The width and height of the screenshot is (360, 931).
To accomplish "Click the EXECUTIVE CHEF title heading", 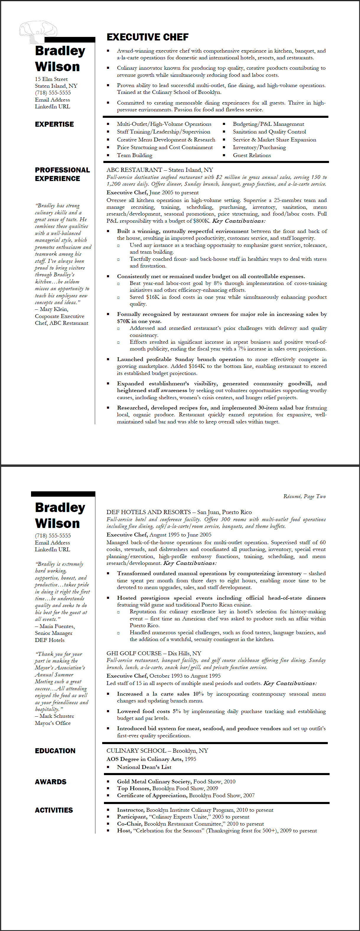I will point(147,37).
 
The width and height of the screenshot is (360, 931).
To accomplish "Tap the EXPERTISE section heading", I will point(54,124).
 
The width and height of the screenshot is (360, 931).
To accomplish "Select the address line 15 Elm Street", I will point(51,79).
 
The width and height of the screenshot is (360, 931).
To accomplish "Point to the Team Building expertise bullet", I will point(134,155).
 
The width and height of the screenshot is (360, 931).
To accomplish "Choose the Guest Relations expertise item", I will point(252,155).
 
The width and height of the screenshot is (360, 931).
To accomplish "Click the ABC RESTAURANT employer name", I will point(134,170).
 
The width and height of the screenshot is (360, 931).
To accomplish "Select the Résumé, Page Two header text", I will point(304,496).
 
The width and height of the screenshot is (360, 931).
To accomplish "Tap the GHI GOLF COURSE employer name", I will point(134,653).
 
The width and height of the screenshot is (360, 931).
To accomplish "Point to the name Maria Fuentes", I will point(57,626).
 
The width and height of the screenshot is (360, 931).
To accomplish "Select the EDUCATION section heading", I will point(55,751).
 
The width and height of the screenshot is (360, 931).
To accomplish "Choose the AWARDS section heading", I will point(51,782).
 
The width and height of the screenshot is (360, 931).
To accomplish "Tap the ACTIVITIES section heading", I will point(54,810).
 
